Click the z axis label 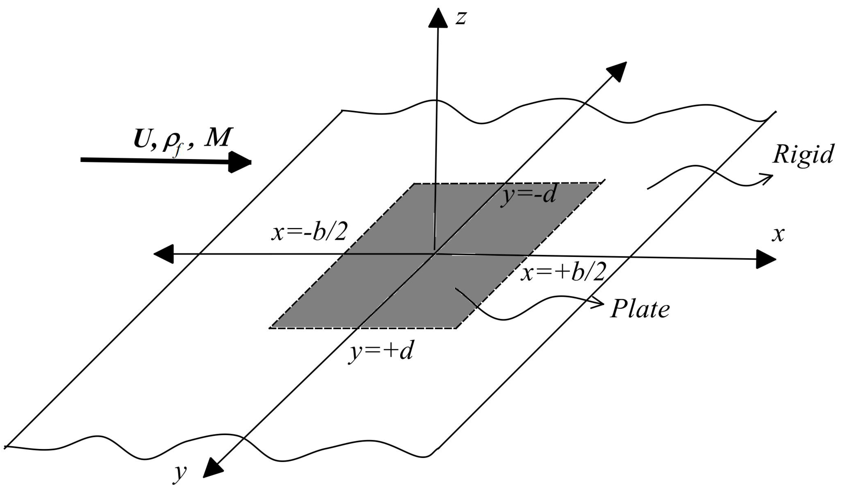[x=461, y=18]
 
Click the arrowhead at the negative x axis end [x=164, y=254]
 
